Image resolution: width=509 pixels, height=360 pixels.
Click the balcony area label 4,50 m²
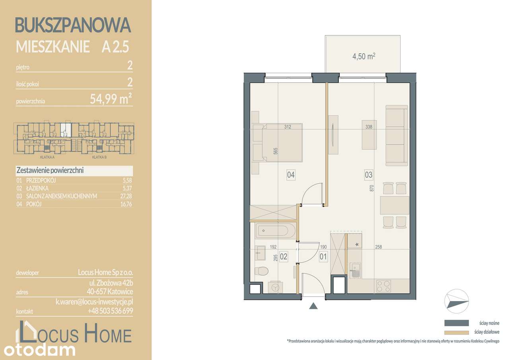tap(364, 57)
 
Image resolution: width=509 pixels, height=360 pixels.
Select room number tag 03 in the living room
tap(368, 174)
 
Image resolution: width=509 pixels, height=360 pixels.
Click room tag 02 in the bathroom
tap(284, 257)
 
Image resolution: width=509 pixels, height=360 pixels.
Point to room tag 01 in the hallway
tap(323, 257)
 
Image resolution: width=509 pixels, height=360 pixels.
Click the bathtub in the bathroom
tap(275, 231)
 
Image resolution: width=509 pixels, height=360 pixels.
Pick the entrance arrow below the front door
tap(314, 306)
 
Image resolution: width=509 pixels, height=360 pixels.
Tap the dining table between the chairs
tap(394, 205)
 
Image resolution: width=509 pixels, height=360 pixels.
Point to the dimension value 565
tap(275, 151)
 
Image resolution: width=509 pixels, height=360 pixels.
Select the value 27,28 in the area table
tap(126, 196)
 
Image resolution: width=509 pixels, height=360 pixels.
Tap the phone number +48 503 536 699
tap(110, 311)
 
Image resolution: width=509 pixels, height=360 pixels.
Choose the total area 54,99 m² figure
tap(111, 99)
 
